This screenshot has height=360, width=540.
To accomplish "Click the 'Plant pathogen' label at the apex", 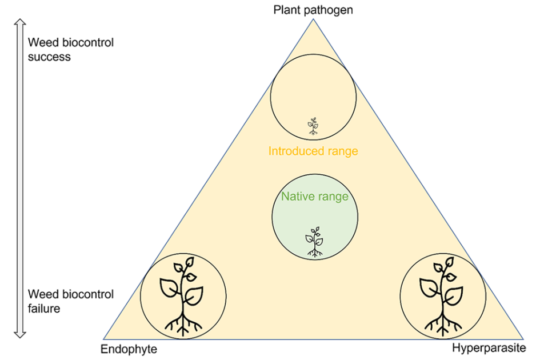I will pyautogui.click(x=313, y=10).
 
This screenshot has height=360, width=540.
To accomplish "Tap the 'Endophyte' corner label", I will pyautogui.click(x=129, y=349).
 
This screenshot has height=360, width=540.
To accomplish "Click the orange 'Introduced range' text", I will pyautogui.click(x=313, y=151).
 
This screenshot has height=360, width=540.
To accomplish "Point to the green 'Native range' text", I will pyautogui.click(x=314, y=197).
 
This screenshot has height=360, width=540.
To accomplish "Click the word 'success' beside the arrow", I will pyautogui.click(x=50, y=57).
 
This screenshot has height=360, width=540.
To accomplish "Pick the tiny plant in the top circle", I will pyautogui.click(x=313, y=126).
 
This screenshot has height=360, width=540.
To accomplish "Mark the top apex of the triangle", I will pyautogui.click(x=313, y=20).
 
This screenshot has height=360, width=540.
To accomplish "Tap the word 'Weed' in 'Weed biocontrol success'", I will pyautogui.click(x=41, y=43).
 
